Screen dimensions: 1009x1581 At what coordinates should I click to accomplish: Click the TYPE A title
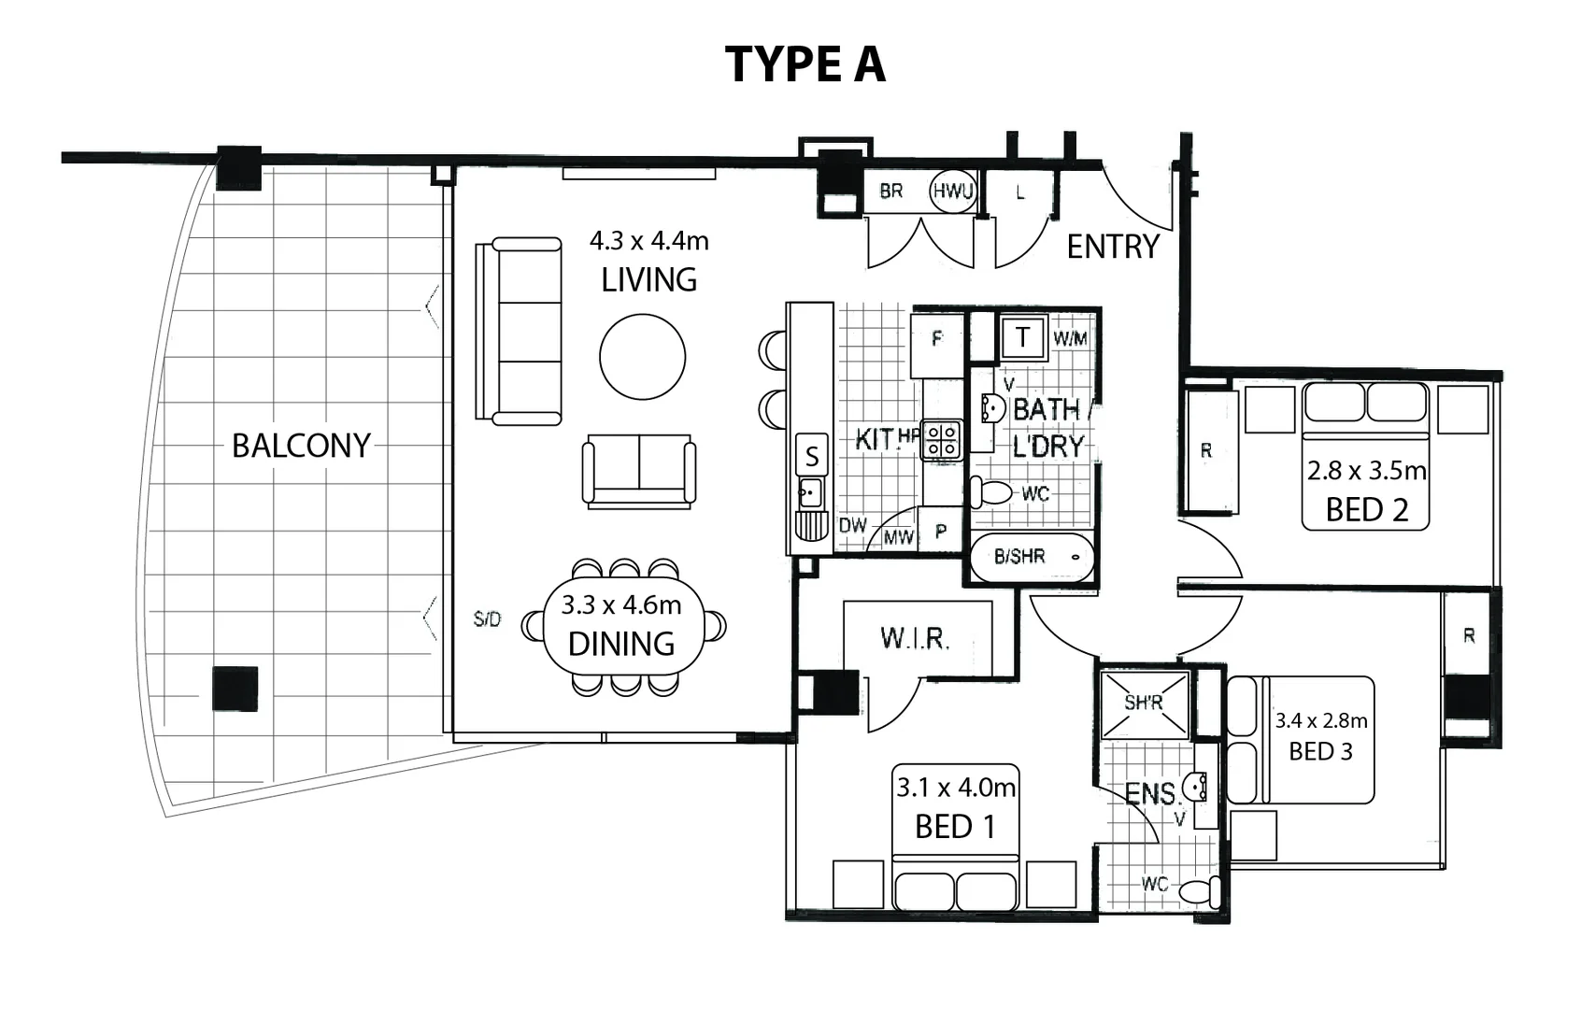805,64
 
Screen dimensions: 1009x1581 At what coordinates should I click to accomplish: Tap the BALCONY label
301,446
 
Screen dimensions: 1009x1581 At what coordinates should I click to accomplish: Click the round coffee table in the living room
642,357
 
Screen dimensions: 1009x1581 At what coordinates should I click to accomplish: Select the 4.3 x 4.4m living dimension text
648,241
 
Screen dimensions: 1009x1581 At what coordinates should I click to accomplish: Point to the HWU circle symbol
952,192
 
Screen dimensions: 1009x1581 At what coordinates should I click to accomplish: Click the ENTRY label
1112,247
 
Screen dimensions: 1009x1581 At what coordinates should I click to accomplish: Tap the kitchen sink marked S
811,456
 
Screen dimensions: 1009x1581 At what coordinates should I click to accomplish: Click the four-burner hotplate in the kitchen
942,441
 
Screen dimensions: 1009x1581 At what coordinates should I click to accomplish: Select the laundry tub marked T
1022,337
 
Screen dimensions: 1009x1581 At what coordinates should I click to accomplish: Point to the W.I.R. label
915,639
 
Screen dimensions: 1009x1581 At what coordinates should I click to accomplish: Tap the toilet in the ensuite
1199,890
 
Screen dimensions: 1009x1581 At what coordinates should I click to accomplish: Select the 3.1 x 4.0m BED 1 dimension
955,788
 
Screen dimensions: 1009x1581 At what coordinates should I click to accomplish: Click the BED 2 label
1366,510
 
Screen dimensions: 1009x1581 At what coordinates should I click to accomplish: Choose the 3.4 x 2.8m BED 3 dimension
1320,720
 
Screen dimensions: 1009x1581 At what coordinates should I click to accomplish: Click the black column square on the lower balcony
234,689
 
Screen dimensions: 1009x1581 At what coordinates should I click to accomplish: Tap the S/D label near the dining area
487,619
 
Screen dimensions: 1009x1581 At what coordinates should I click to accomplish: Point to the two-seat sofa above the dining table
639,469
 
